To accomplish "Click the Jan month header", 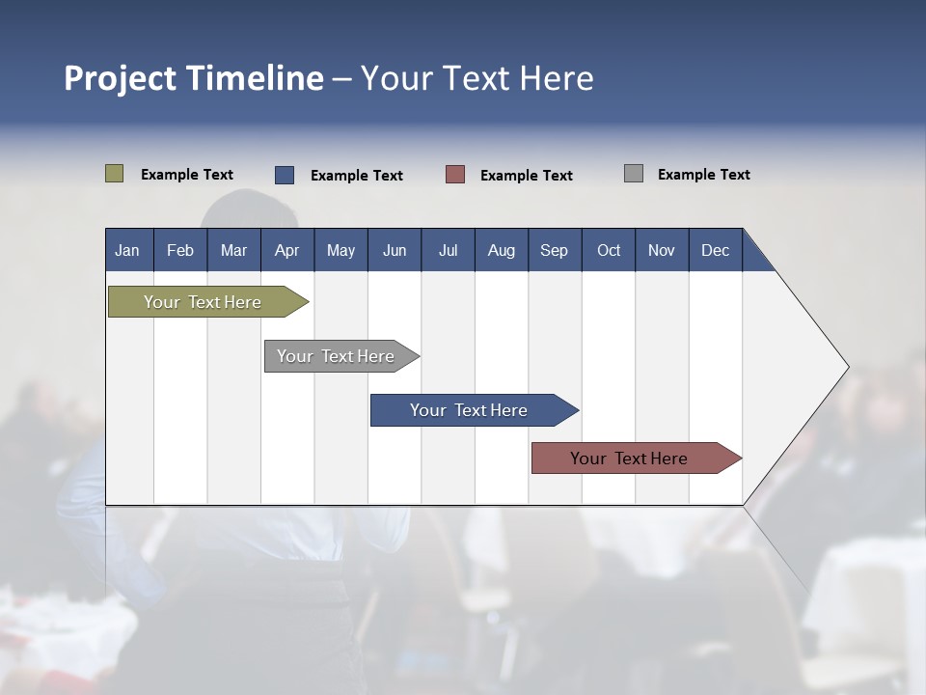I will (128, 250).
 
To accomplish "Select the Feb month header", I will (180, 250).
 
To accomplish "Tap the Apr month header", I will (287, 250).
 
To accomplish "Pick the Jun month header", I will (395, 250).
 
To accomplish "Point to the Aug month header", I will (502, 250).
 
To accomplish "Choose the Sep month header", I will (555, 250).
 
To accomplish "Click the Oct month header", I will (609, 250).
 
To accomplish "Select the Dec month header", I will (716, 250).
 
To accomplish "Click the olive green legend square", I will (115, 174).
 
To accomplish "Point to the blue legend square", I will (285, 175).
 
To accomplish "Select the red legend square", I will (455, 175).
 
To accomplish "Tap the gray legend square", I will (634, 174).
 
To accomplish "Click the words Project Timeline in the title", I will (194, 78).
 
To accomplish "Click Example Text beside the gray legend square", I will (703, 175).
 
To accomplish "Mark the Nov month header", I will (662, 250).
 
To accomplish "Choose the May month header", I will (340, 250).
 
